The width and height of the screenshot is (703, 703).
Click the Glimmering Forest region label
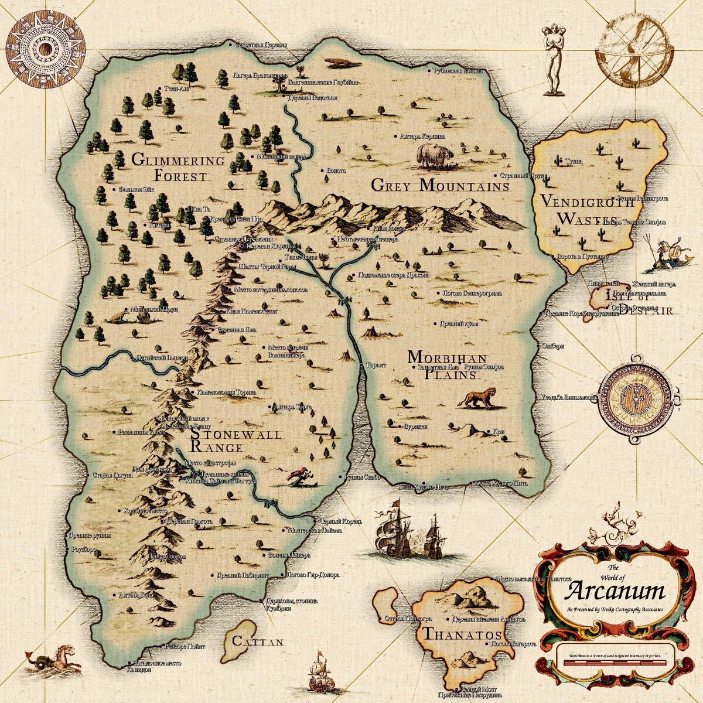point(178,168)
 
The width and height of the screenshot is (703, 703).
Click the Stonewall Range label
point(234,441)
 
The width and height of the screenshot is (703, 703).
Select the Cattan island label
point(258,641)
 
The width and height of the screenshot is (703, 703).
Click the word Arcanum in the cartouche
point(615,591)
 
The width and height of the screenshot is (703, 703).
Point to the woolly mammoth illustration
point(435,155)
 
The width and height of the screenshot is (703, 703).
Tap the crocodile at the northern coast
point(342,62)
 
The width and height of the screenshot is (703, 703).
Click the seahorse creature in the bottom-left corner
point(53,658)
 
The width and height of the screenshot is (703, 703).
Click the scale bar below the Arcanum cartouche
point(615,661)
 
